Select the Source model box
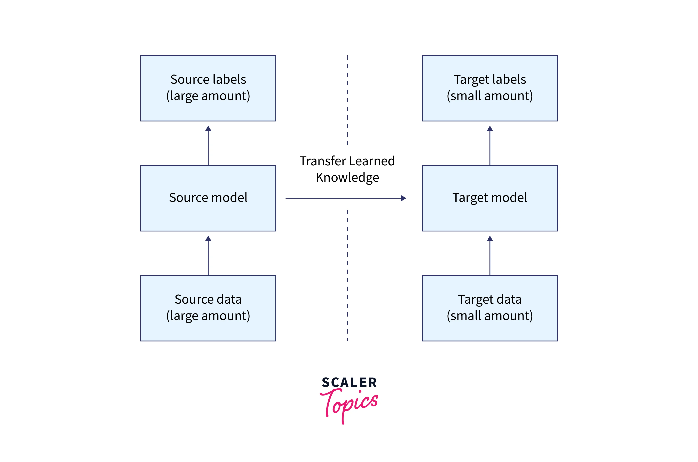click(208, 198)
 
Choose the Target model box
click(490, 198)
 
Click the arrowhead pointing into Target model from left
click(403, 198)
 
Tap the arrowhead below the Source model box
click(208, 238)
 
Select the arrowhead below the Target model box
click(490, 238)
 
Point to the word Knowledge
click(347, 178)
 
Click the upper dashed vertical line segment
click(347, 100)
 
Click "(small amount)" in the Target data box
click(490, 316)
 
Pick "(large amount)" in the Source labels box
click(208, 96)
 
